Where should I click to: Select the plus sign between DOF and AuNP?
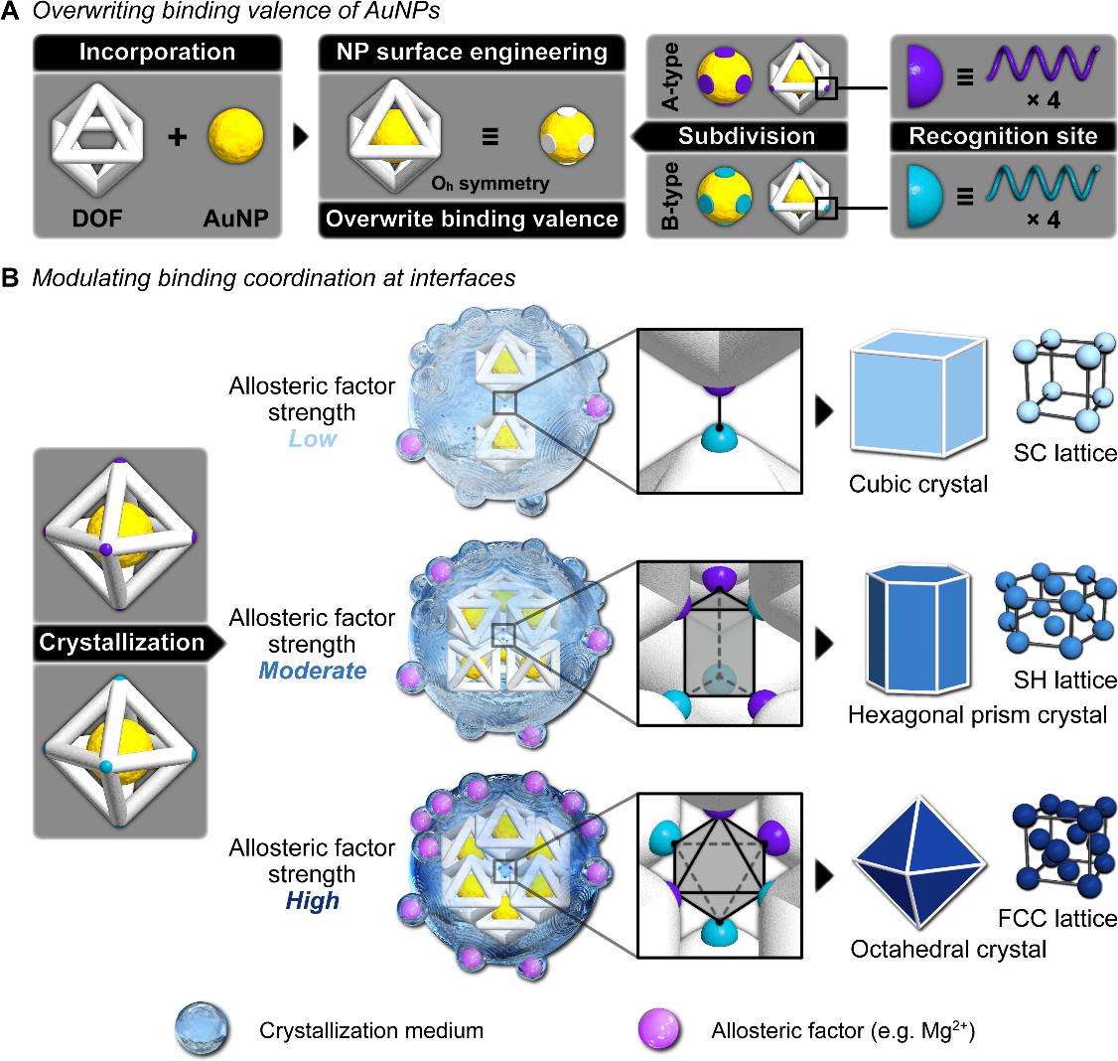[x=177, y=138]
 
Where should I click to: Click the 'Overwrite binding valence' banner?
[x=471, y=219]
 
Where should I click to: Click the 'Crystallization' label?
[x=121, y=642]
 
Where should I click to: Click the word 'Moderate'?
[x=312, y=670]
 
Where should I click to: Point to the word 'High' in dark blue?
[x=312, y=901]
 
